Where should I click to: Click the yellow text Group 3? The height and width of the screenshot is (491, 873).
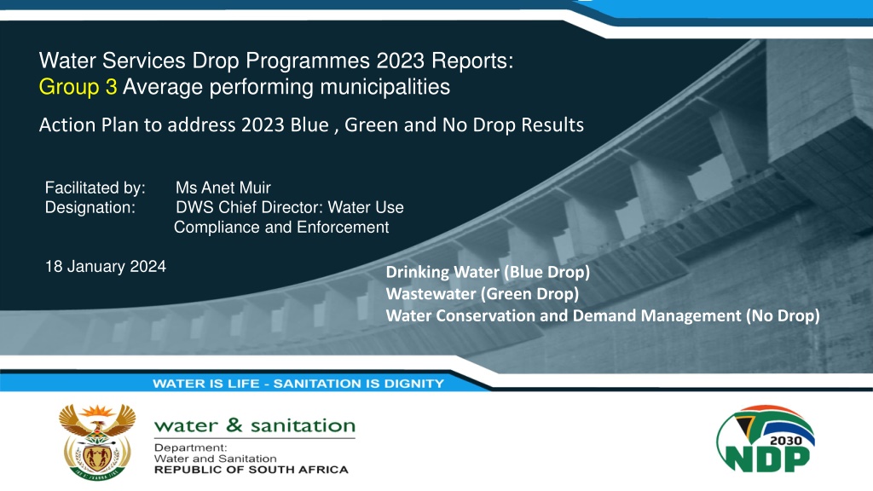[78, 88]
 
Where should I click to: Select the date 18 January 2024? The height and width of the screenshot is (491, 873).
[105, 267]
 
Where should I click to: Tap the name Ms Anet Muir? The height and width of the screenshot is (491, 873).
[223, 188]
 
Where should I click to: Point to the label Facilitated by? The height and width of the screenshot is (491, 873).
[95, 188]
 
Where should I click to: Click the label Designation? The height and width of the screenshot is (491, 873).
[90, 208]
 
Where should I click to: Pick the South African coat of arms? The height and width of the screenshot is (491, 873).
[97, 442]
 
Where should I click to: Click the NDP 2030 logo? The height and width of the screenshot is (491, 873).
[766, 439]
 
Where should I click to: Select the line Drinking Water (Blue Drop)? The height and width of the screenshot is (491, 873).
[488, 272]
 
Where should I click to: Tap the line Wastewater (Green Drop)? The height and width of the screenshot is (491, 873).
[483, 294]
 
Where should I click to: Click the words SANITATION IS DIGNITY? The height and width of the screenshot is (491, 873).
[359, 384]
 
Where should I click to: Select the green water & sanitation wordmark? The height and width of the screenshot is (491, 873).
[254, 426]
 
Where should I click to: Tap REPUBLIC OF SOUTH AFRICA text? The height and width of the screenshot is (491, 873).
[251, 470]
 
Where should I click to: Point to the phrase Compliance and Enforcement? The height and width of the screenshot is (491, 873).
[281, 228]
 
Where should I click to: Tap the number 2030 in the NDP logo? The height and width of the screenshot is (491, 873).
[785, 441]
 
